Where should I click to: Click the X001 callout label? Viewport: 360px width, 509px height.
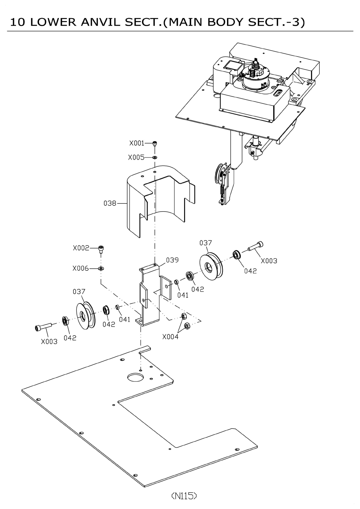click(137, 143)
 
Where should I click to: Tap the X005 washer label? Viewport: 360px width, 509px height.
click(136, 157)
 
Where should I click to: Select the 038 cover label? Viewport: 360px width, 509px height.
click(110, 203)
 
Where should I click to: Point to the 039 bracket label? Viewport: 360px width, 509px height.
click(172, 260)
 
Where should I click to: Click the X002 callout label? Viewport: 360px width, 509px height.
click(81, 248)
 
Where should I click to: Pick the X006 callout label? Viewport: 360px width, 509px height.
click(80, 268)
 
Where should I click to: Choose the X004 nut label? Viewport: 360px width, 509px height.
click(170, 337)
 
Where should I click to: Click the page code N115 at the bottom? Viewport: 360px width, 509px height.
click(184, 496)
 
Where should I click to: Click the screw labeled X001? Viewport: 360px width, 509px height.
click(155, 143)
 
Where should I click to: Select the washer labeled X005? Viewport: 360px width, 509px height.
click(155, 157)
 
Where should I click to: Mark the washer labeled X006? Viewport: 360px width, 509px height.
click(101, 268)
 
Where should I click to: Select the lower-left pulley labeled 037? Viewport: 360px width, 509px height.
click(85, 316)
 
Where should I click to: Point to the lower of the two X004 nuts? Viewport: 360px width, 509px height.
click(187, 326)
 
